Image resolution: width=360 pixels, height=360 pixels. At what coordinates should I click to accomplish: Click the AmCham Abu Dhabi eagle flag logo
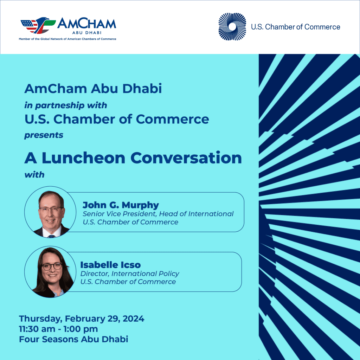38,25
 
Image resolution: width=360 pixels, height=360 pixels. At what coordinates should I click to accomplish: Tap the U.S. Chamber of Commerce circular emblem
232,27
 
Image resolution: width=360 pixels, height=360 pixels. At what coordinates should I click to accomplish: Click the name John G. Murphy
121,205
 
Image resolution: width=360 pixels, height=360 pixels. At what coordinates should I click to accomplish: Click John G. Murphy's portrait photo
50,212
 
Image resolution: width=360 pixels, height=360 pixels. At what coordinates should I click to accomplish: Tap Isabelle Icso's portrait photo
50,271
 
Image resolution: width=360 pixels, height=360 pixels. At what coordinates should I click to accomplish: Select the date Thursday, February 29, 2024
82,319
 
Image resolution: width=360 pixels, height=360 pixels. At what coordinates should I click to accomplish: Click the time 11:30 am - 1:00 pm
58,329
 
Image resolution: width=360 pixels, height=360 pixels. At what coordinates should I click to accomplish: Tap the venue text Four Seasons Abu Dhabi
73,339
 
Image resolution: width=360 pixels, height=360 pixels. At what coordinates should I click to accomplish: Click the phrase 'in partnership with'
66,105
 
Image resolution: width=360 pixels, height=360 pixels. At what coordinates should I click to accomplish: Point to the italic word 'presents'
44,135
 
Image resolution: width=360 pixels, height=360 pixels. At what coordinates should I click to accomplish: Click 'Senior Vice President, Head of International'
158,214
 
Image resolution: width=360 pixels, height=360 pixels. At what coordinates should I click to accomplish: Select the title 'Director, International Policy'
130,274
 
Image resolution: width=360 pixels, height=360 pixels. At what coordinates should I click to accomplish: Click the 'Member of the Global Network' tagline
67,39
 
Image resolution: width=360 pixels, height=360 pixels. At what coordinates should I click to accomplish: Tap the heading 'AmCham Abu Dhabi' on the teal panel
93,89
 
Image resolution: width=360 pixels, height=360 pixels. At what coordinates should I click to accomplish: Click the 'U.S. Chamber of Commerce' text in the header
295,27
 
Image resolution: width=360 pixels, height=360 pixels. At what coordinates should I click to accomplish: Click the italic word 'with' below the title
34,175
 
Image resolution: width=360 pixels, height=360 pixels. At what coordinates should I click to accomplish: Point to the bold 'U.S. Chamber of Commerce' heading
117,120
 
